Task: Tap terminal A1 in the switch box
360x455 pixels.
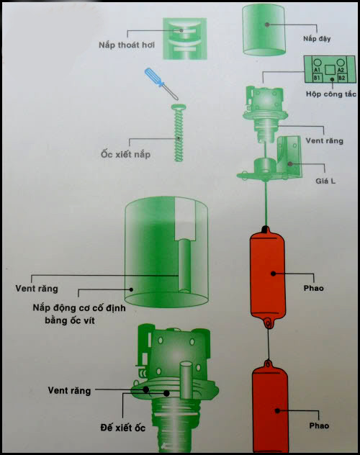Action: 316,69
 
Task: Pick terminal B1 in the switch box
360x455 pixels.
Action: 316,77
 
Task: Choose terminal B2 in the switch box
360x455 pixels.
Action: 343,77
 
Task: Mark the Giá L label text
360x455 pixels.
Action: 322,179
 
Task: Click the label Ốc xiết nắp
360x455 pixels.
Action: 125,155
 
